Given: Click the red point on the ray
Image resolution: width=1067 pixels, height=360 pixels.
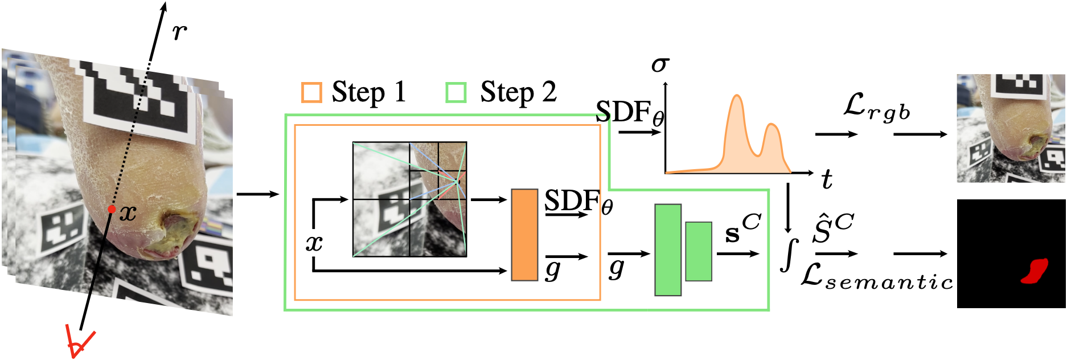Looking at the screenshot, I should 112,210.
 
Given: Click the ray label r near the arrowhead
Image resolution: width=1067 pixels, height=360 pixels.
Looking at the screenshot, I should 179,32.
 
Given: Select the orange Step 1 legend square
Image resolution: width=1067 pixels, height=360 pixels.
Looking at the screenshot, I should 311,92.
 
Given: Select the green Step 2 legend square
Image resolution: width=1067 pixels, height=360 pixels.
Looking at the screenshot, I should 456,92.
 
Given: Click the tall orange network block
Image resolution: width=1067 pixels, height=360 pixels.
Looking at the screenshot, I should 524,235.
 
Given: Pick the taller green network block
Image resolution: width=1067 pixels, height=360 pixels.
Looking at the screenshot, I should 668,249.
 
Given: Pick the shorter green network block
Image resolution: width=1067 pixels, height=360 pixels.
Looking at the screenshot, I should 699,251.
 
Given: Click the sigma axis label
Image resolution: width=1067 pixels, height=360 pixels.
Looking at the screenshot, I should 660,64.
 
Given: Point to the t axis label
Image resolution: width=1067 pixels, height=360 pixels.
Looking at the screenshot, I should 827,180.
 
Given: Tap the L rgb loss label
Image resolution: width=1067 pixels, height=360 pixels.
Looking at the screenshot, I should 876,108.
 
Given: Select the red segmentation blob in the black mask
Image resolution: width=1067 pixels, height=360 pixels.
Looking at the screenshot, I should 1036,271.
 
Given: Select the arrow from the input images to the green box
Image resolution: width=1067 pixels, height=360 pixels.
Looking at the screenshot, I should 258,194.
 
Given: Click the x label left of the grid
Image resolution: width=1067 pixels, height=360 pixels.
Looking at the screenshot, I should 314,243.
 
